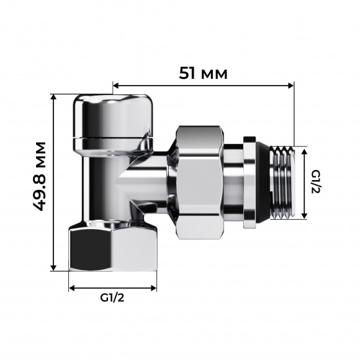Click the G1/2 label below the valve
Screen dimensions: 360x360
pos(112,298)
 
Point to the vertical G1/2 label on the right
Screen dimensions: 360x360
pos(315,182)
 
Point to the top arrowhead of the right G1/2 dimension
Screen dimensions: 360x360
pos(304,150)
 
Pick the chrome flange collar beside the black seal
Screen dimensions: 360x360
pos(250,182)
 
